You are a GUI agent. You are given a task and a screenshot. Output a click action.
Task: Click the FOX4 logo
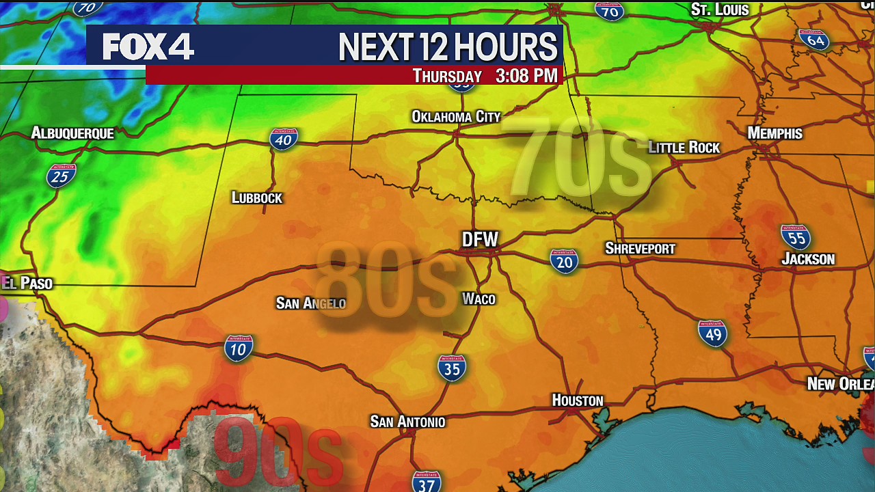click(148, 46)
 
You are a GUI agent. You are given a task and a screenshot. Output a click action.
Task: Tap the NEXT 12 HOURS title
click(448, 47)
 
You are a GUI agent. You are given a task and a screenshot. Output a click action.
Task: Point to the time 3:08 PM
click(526, 76)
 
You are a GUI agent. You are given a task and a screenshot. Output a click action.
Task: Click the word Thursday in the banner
click(447, 76)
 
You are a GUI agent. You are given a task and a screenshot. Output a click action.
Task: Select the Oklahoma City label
click(456, 117)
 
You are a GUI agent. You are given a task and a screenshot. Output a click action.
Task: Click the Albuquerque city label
click(72, 133)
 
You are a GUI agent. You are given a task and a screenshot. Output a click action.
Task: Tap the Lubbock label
click(256, 198)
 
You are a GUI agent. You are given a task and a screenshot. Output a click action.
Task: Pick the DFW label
click(480, 239)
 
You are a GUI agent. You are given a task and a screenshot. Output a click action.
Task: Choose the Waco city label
click(479, 299)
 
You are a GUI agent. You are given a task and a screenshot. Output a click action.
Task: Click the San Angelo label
click(310, 303)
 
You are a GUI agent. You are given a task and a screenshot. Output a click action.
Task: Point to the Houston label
click(578, 400)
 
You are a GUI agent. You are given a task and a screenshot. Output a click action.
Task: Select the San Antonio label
click(407, 422)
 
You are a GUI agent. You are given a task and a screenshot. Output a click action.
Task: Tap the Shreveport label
click(640, 249)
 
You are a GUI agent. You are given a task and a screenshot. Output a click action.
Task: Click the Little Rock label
click(684, 148)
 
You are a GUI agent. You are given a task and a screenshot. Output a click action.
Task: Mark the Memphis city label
click(775, 133)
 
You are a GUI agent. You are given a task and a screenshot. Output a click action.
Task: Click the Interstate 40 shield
click(284, 139)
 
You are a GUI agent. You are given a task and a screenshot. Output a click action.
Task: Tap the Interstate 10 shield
click(239, 348)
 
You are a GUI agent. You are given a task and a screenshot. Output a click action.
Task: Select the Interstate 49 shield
click(712, 333)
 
